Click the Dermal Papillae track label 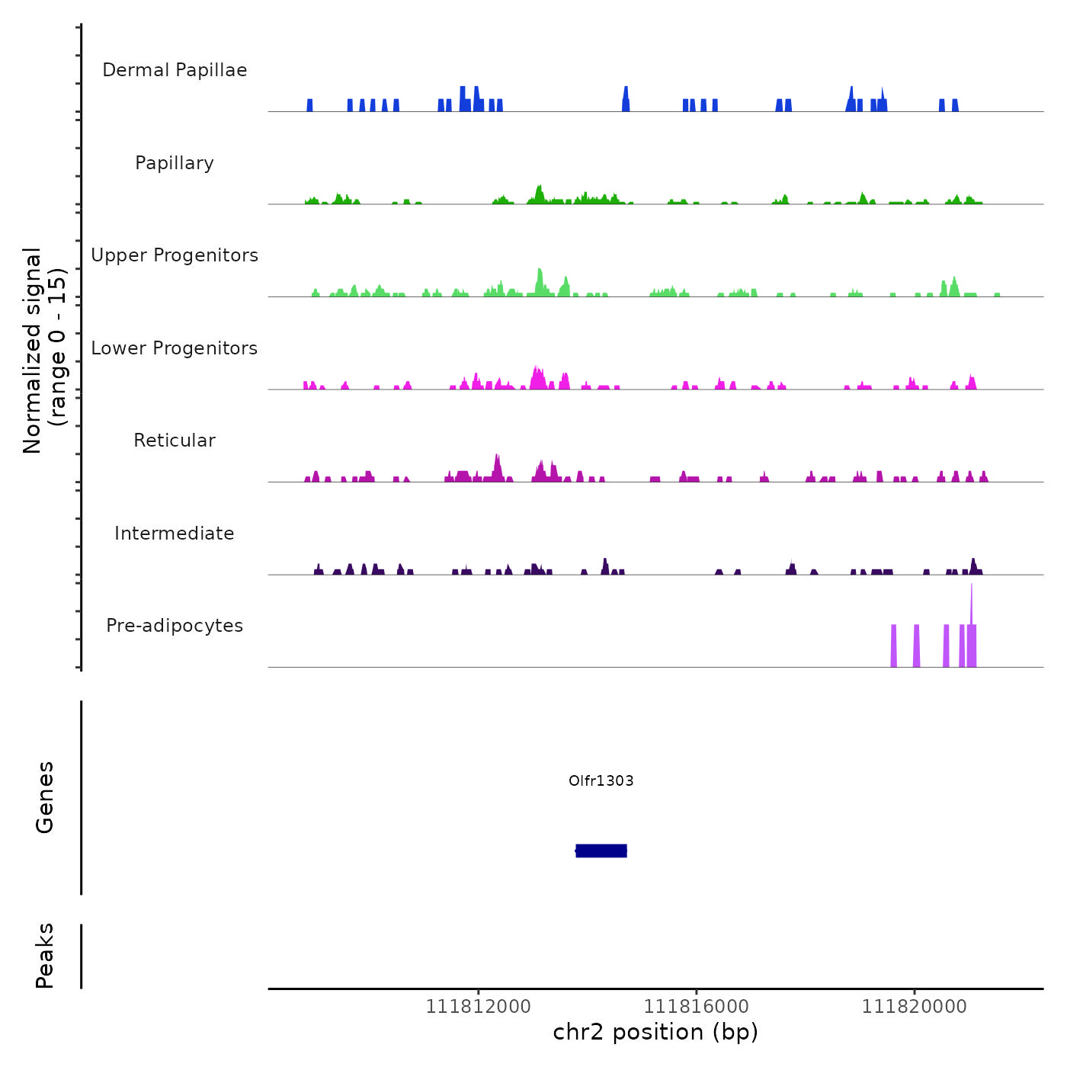[175, 70]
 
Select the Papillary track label [175, 163]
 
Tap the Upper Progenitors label [175, 255]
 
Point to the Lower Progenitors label [175, 348]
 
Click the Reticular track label [175, 441]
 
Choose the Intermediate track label [175, 533]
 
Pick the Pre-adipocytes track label [175, 626]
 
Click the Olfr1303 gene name [601, 780]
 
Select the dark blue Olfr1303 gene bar [601, 851]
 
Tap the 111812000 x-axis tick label [478, 1007]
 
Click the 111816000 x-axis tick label [696, 1007]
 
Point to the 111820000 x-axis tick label [914, 1007]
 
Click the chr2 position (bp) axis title [655, 1032]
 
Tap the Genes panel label [45, 797]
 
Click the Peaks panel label [45, 956]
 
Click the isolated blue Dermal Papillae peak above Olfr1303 [626, 99]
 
